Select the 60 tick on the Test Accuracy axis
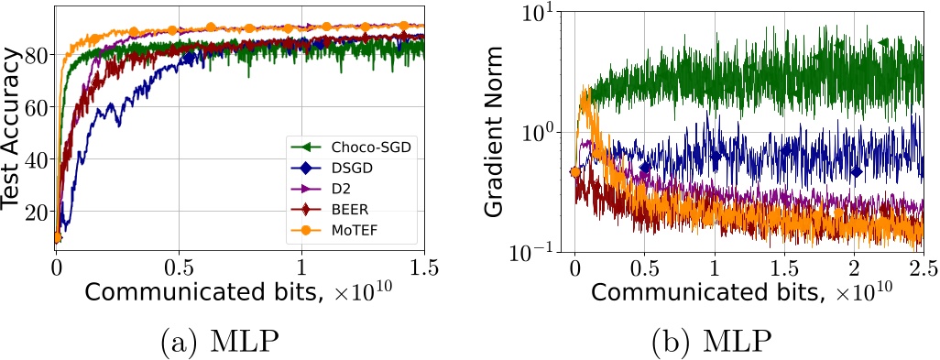(38, 107)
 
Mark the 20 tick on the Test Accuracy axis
(38, 213)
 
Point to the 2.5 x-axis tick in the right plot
(923, 267)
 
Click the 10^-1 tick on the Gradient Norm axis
(537, 249)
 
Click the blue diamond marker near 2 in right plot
(856, 171)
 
